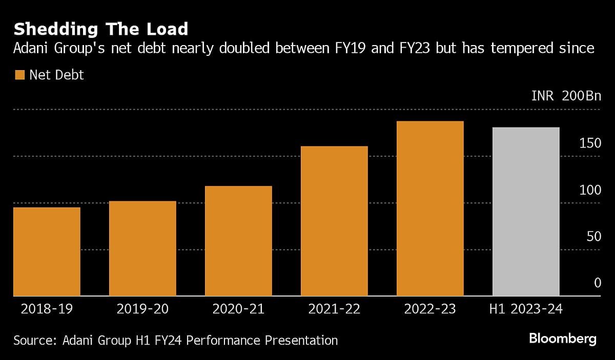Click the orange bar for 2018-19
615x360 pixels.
coord(47,251)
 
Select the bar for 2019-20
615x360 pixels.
coord(142,248)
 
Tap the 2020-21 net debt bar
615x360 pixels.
coord(238,241)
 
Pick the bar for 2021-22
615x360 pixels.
coord(334,221)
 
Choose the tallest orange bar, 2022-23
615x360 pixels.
coord(430,208)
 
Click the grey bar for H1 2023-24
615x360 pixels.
coord(526,211)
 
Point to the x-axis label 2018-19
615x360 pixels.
coord(47,309)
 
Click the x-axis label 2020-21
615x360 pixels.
coord(238,309)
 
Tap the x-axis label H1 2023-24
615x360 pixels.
coord(526,309)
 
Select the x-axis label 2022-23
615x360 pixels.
coord(430,309)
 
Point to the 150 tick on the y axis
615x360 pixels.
coord(590,143)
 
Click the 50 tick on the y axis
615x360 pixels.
coord(593,237)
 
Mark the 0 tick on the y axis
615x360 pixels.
coord(597,283)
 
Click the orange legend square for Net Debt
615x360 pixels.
coord(20,75)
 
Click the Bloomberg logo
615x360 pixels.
coord(563,338)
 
